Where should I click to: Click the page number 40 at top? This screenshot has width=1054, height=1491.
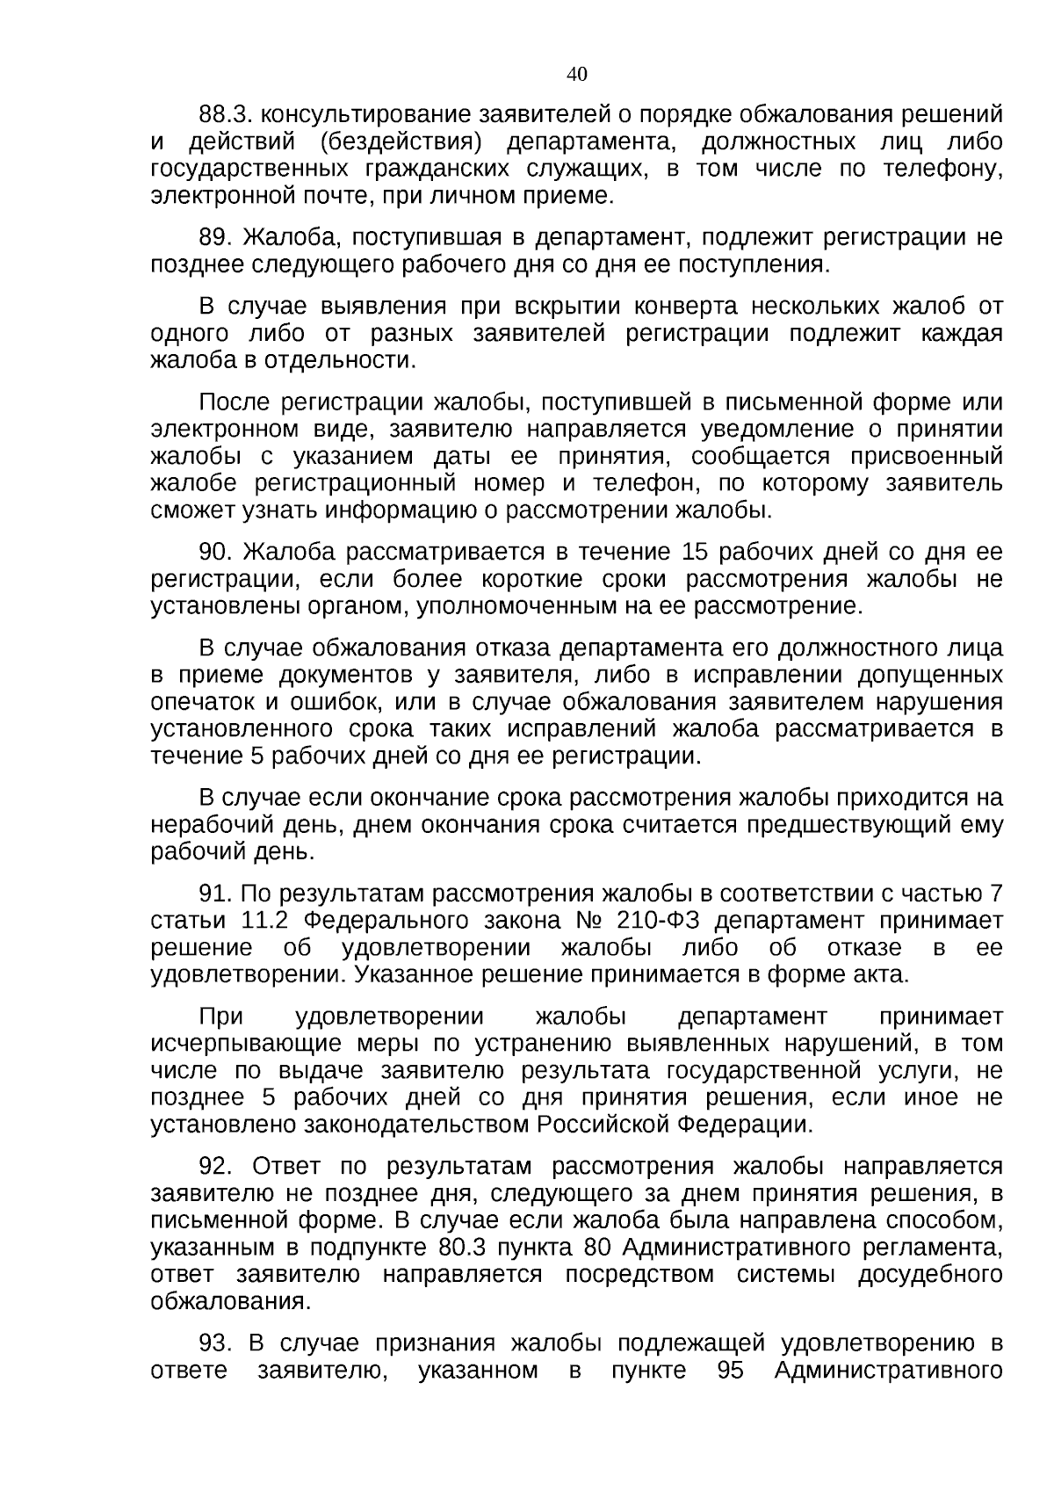(577, 75)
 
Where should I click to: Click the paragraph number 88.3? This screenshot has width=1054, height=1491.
(227, 115)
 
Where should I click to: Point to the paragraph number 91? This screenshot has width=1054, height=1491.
(215, 894)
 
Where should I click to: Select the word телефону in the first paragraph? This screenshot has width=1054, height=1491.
(943, 170)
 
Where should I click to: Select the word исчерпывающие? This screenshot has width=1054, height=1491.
(247, 1045)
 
